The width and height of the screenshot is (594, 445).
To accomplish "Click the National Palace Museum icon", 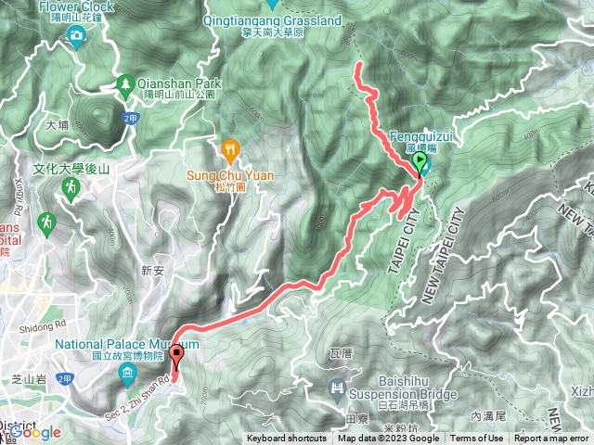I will [127, 373].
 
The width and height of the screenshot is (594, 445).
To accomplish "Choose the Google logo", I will [35, 432].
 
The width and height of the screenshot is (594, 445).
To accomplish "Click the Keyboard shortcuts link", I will [287, 439].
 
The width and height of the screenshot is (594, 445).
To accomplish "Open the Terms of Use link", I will [476, 439].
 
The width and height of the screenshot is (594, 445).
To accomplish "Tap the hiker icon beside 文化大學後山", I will [71, 187].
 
